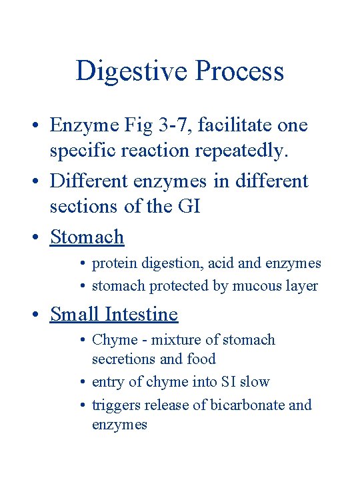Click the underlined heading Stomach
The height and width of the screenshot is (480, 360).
point(87,237)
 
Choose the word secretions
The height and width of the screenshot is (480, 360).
point(123,359)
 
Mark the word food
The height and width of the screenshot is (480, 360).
point(201,359)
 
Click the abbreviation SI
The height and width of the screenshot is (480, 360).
point(228,382)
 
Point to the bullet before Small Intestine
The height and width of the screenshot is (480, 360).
point(40,315)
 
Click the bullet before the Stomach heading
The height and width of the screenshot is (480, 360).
point(40,237)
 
